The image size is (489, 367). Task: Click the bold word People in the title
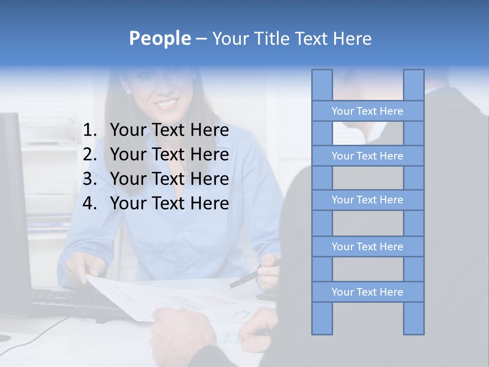coord(159,39)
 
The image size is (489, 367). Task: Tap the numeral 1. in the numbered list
coord(89,130)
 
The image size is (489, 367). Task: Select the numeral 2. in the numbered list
coord(89,154)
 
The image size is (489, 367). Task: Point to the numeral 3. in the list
coord(89,179)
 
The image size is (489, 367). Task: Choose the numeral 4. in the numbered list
coord(89,203)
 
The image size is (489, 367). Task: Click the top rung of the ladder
coord(367,111)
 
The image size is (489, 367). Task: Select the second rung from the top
coord(367,156)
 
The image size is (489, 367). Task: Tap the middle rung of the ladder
coord(367,200)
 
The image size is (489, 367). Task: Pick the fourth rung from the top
coord(367,247)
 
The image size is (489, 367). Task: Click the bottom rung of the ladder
coord(367,292)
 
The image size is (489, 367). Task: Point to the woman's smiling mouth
coord(167,103)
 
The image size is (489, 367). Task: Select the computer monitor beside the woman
coord(13,214)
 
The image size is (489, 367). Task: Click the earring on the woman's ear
coord(127,92)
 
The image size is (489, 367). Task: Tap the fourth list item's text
coord(169,203)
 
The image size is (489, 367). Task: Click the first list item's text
coord(169,130)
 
